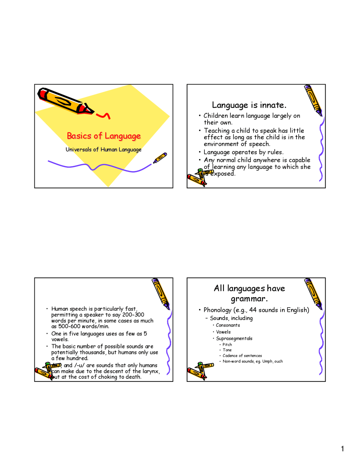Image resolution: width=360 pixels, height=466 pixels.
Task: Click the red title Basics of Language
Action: tap(104, 136)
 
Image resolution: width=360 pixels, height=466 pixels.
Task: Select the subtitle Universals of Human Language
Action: tap(103, 149)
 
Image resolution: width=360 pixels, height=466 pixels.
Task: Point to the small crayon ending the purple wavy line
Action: tap(160, 158)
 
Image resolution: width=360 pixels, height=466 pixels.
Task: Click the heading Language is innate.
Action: tap(249, 105)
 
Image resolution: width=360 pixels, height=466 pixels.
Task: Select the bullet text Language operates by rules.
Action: tap(243, 152)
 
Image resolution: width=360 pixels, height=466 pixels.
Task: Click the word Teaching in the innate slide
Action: tap(217, 131)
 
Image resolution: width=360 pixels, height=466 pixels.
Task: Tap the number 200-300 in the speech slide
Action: tap(133, 315)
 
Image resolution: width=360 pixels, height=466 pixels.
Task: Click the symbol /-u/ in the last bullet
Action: tap(80, 365)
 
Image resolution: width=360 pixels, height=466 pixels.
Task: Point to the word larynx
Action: tap(151, 371)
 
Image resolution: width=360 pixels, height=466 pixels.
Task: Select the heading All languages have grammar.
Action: tap(249, 293)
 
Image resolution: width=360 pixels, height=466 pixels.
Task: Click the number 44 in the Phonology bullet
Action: tap(253, 310)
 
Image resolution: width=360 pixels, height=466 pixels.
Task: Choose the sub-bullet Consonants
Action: tap(228, 325)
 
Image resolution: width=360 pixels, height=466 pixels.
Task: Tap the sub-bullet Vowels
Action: tap(223, 332)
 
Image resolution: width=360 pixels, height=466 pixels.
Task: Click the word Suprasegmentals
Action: tap(234, 339)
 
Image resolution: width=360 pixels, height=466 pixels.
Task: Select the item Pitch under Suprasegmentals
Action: tap(227, 345)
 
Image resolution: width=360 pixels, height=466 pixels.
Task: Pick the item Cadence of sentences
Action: tap(242, 356)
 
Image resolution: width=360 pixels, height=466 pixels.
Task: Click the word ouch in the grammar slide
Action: tap(278, 361)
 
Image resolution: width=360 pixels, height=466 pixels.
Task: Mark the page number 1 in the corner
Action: tap(342, 449)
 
